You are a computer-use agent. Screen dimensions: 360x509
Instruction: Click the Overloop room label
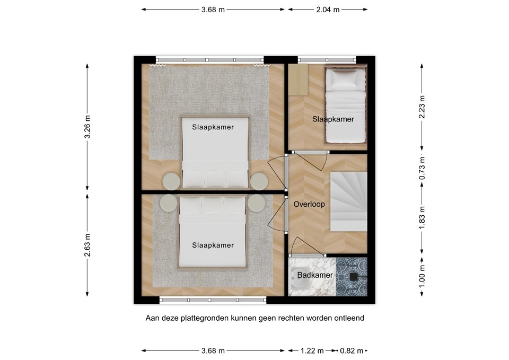[309, 204]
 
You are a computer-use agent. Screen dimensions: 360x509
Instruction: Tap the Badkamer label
[315, 275]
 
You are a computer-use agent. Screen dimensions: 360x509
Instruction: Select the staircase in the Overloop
[348, 201]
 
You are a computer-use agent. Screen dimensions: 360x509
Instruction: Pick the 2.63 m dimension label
[87, 244]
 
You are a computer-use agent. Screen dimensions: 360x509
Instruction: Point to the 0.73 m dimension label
[422, 170]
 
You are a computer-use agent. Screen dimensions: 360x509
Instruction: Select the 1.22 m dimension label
[310, 350]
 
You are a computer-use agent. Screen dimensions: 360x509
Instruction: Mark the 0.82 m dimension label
[352, 350]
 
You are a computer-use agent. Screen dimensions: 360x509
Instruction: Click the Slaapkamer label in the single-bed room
[332, 119]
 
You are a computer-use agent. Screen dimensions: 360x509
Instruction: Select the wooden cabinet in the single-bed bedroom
[297, 77]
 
